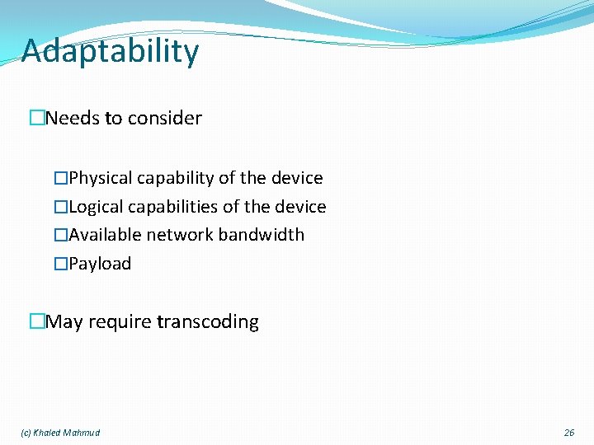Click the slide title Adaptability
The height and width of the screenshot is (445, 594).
[x=110, y=51]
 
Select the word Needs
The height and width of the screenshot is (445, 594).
[x=72, y=119]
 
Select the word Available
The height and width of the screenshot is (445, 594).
[x=105, y=235]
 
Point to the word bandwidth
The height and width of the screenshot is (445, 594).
[x=262, y=235]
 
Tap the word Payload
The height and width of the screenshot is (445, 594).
[x=100, y=264]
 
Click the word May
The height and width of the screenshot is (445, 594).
[x=64, y=321]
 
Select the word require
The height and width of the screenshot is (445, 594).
[x=119, y=321]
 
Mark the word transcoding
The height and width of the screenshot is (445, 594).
[x=208, y=321]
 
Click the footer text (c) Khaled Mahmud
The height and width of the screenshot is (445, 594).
[x=60, y=433]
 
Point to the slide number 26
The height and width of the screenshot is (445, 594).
[x=568, y=433]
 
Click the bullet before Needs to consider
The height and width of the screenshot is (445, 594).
[x=36, y=119]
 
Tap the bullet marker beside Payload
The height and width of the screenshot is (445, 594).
[x=59, y=264]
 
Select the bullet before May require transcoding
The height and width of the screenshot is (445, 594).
[x=36, y=321]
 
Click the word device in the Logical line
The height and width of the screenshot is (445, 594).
[x=300, y=207]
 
